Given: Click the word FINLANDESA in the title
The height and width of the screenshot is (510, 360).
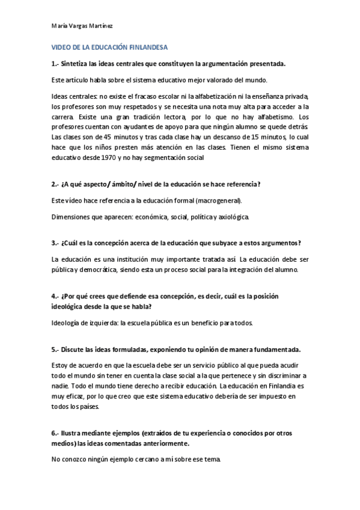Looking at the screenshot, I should pos(147,46).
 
